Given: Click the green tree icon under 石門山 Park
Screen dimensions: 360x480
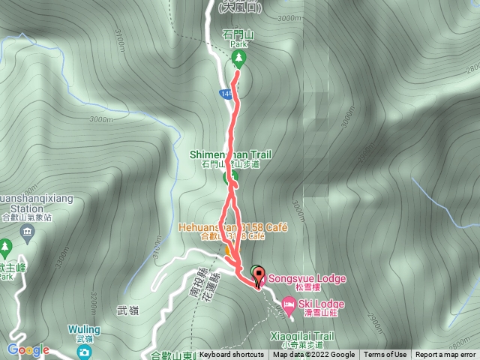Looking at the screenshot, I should click(239, 56).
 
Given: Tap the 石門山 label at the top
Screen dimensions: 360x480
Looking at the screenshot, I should click(238, 34).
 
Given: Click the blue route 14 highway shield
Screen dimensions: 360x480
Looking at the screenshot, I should click(226, 94).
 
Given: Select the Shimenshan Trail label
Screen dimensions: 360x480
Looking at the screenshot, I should click(230, 154).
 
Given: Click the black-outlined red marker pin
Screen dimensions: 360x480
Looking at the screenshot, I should click(259, 277).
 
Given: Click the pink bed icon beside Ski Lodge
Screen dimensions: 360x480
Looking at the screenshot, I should click(289, 304).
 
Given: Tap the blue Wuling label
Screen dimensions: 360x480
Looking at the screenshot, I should click(83, 328).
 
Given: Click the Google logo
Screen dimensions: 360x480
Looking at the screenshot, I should click(28, 350).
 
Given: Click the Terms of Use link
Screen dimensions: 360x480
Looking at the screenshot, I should click(385, 355).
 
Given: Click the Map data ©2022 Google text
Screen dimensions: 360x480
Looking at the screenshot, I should click(313, 355).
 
